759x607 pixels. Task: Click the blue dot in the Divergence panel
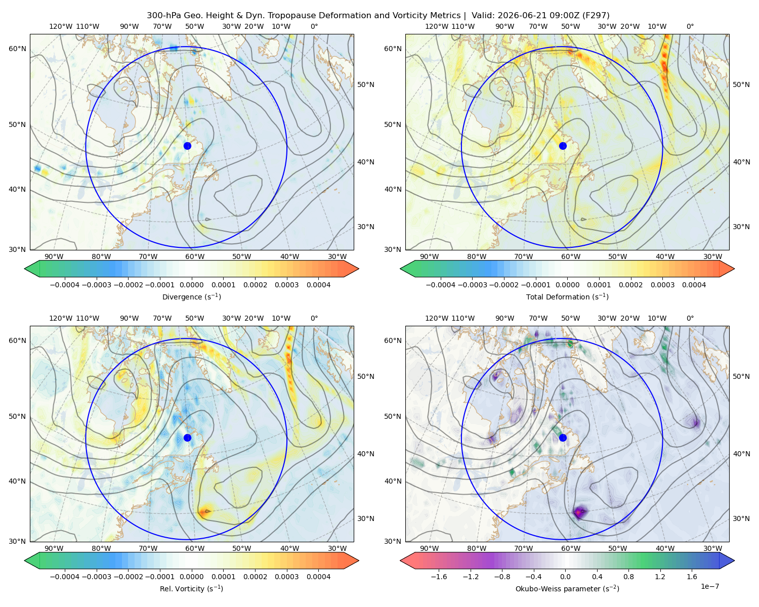(x=187, y=146)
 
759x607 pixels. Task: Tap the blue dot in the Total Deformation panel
(x=563, y=146)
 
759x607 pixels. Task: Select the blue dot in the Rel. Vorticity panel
(x=187, y=438)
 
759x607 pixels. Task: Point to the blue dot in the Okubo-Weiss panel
(x=563, y=438)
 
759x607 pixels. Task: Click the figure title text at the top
(x=378, y=16)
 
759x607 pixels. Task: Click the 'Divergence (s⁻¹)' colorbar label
(x=191, y=296)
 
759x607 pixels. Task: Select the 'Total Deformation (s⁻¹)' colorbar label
(x=567, y=296)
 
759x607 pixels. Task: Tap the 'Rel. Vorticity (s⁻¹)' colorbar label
(x=191, y=588)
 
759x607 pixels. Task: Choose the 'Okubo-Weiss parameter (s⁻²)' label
(x=567, y=588)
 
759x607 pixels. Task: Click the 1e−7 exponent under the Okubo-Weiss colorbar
(x=709, y=586)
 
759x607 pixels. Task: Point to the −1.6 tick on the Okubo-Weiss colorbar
(x=439, y=576)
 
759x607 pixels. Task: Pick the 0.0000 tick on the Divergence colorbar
(x=191, y=285)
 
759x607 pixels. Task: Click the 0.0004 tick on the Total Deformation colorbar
(x=694, y=285)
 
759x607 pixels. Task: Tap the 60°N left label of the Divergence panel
(x=17, y=49)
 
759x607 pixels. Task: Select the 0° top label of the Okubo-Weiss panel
(x=690, y=318)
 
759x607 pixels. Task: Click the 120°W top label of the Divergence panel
(x=61, y=26)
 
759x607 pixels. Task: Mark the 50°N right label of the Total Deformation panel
(x=741, y=84)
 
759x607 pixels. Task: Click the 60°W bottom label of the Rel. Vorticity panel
(x=195, y=548)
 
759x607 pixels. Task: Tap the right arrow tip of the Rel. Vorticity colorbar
(x=358, y=560)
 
